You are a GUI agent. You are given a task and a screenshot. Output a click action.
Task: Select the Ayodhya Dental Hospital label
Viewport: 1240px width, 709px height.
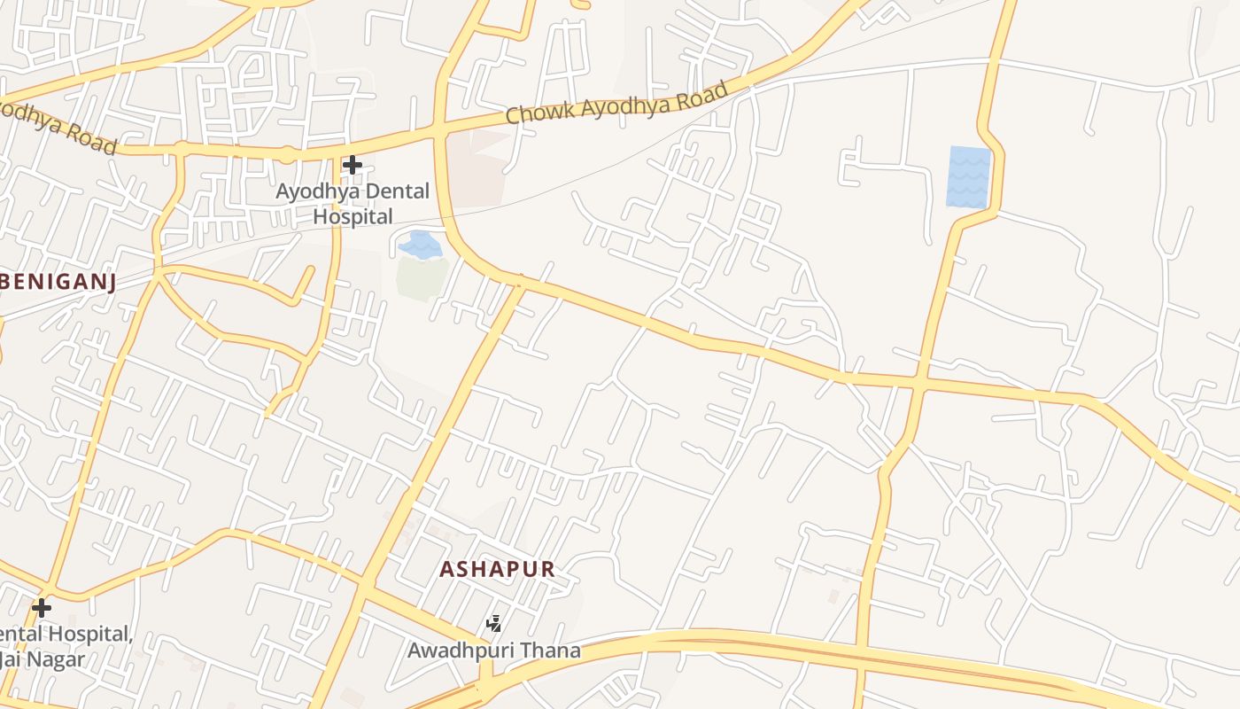[x=353, y=203]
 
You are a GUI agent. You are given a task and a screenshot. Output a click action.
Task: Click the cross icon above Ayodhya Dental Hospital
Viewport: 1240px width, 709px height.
[x=353, y=165]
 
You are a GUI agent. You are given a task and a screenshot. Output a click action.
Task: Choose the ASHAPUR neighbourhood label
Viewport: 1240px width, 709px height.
[x=497, y=570]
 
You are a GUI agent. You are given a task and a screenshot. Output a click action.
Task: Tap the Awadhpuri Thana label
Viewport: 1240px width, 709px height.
[x=493, y=651]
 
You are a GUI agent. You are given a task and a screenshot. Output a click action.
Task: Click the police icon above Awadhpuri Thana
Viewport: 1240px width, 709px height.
[x=494, y=624]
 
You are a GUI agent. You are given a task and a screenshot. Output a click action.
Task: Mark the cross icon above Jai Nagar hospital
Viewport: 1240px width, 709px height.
[x=42, y=608]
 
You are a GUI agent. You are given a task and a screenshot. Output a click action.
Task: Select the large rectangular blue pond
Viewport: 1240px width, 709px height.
[x=969, y=176]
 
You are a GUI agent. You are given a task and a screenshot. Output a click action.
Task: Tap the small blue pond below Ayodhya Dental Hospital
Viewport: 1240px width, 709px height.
[x=420, y=245]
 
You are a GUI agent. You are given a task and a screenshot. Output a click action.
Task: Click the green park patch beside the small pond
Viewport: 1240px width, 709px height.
[x=422, y=277]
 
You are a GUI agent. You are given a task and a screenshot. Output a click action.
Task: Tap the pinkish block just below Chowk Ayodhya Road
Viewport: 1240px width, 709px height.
[x=478, y=168]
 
